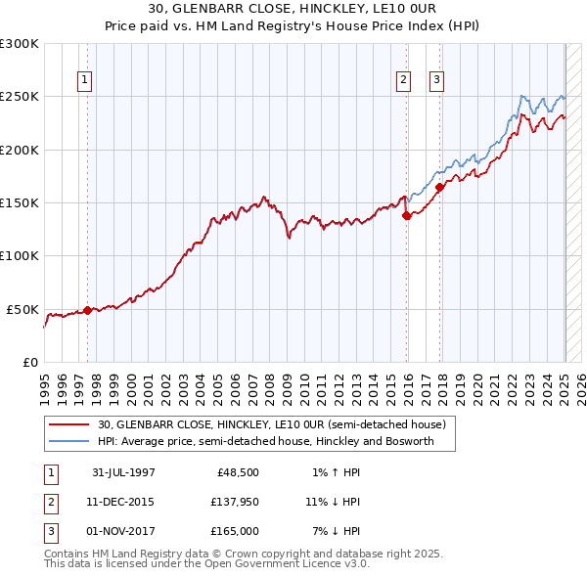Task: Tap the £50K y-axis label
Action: click(x=23, y=309)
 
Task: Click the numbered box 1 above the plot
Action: click(x=85, y=81)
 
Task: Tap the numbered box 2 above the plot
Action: click(x=403, y=81)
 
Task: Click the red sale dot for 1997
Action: click(x=87, y=310)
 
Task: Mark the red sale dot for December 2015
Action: click(x=406, y=216)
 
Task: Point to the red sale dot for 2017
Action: click(x=439, y=187)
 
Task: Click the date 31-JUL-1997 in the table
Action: click(x=123, y=472)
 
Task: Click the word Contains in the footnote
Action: click(x=67, y=554)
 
